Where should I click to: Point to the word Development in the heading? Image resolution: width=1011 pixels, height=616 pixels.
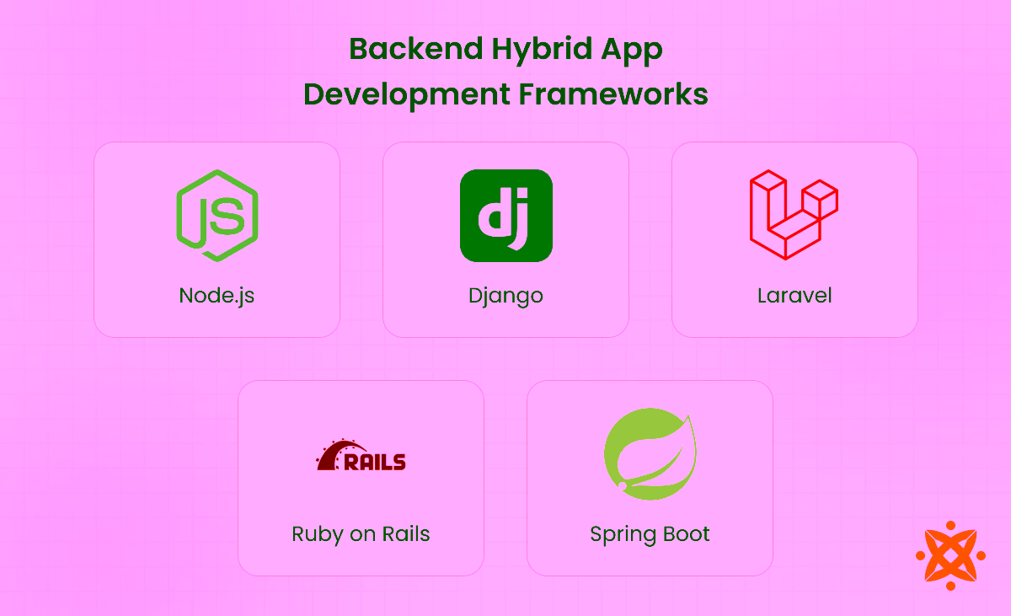pyautogui.click(x=406, y=94)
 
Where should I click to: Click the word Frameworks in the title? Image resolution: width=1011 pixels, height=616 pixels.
pyautogui.click(x=613, y=94)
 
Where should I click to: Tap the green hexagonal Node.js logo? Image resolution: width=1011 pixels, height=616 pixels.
pyautogui.click(x=217, y=216)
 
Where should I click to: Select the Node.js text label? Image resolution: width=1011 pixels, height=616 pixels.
pyautogui.click(x=217, y=296)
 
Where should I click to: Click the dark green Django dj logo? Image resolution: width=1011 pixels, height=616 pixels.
pyautogui.click(x=505, y=216)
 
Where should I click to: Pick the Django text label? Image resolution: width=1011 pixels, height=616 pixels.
pyautogui.click(x=505, y=297)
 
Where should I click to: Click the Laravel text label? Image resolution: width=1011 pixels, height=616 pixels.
pyautogui.click(x=794, y=296)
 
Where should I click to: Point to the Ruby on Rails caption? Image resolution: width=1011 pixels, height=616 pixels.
pyautogui.click(x=361, y=534)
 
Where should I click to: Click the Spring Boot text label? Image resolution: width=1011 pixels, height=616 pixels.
pyautogui.click(x=650, y=535)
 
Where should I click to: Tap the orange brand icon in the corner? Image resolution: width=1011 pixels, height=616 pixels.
pyautogui.click(x=950, y=554)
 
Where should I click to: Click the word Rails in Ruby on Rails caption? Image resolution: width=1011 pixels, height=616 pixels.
pyautogui.click(x=406, y=534)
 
